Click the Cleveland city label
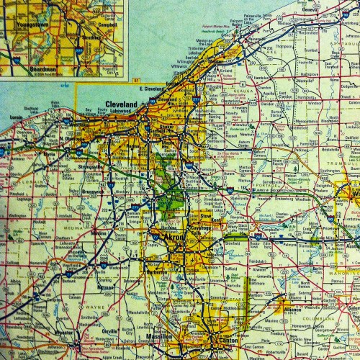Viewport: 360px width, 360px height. [121, 104]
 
